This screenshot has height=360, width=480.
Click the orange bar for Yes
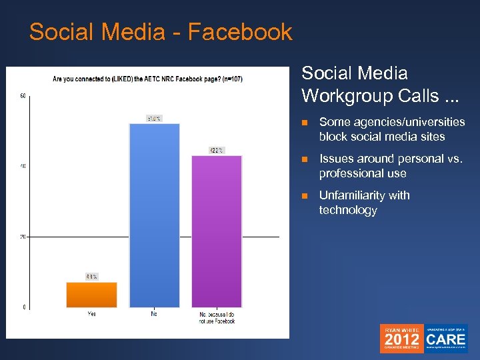pos(91,295)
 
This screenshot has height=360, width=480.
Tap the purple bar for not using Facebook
pos(217,231)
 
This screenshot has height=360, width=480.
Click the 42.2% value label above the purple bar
pos(217,150)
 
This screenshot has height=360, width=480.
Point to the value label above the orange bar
pos(91,277)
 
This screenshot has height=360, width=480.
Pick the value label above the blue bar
pos(154,119)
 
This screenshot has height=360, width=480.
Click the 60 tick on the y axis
pos(23,96)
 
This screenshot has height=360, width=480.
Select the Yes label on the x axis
pos(91,314)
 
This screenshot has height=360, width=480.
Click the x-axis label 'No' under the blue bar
pos(154,314)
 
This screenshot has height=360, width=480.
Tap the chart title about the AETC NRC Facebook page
pos(147,79)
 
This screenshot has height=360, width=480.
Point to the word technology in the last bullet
pos(348,210)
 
